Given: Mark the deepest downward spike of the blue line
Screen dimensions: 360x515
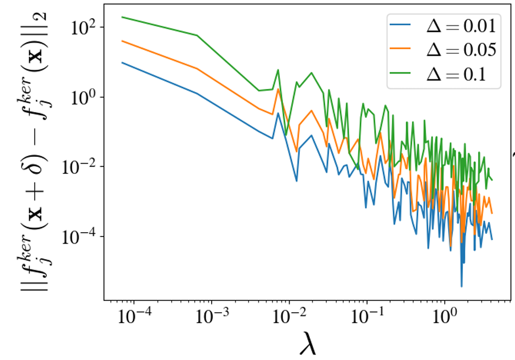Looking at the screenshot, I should (461, 286).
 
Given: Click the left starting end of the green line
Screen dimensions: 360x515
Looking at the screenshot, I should (122, 17).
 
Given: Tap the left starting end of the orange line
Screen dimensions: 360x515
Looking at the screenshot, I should (122, 41).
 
